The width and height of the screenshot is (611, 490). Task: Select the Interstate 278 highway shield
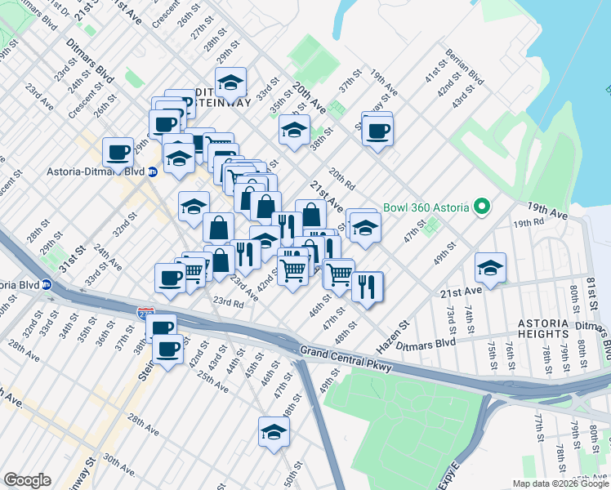point(147,313)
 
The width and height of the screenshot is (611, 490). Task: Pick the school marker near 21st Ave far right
point(490,267)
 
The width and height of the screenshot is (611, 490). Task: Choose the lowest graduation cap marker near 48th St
point(274,432)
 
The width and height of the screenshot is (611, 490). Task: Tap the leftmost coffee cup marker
point(118,151)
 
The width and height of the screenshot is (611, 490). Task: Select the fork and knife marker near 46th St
point(368,287)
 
